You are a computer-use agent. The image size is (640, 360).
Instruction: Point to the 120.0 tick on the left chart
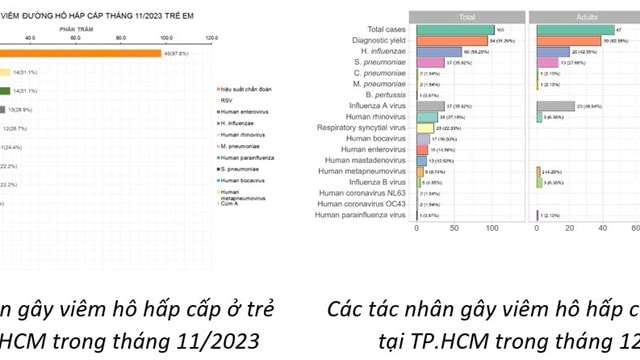point(212,38)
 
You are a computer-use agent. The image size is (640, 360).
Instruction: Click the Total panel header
point(467,17)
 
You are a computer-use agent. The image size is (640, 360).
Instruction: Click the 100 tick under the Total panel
point(492,228)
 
